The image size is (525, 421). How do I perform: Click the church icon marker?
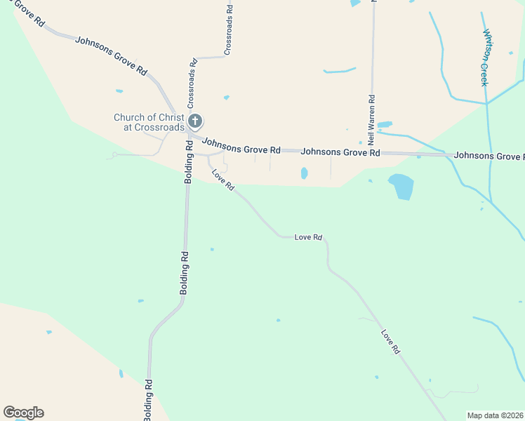pos(195,121)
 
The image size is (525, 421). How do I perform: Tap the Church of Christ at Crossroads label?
pos(149,122)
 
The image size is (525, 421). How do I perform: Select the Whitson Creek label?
pos(484,57)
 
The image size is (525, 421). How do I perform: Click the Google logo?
pos(23,413)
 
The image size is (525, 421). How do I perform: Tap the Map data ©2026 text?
pos(496,415)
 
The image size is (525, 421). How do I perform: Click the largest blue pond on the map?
pos(401,186)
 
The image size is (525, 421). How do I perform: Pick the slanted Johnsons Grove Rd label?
pos(111,56)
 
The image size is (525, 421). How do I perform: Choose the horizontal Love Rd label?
pos(308,238)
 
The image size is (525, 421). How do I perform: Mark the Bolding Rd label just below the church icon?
pos(188,162)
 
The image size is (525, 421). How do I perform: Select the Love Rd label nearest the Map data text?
pos(391,341)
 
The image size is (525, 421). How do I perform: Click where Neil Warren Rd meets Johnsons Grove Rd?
pos(372,152)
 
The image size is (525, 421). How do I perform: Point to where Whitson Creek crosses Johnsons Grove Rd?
pos(489,154)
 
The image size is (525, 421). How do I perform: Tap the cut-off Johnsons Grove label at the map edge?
pos(489,155)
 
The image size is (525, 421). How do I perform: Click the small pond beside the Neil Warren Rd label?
pos(385,125)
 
